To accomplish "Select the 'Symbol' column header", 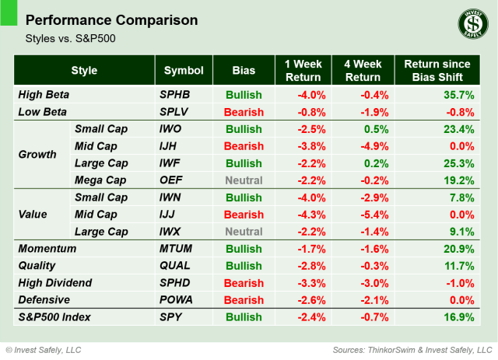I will point(184,71).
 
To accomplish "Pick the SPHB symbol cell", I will point(176,95).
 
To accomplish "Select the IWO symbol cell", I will point(173,129).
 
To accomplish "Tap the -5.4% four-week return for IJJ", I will point(372,215).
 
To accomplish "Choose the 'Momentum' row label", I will point(47,249).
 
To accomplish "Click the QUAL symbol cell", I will point(175,266).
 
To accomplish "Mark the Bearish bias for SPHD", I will point(242,283).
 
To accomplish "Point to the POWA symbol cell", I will point(177,300).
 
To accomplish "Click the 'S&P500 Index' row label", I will point(55,317).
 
